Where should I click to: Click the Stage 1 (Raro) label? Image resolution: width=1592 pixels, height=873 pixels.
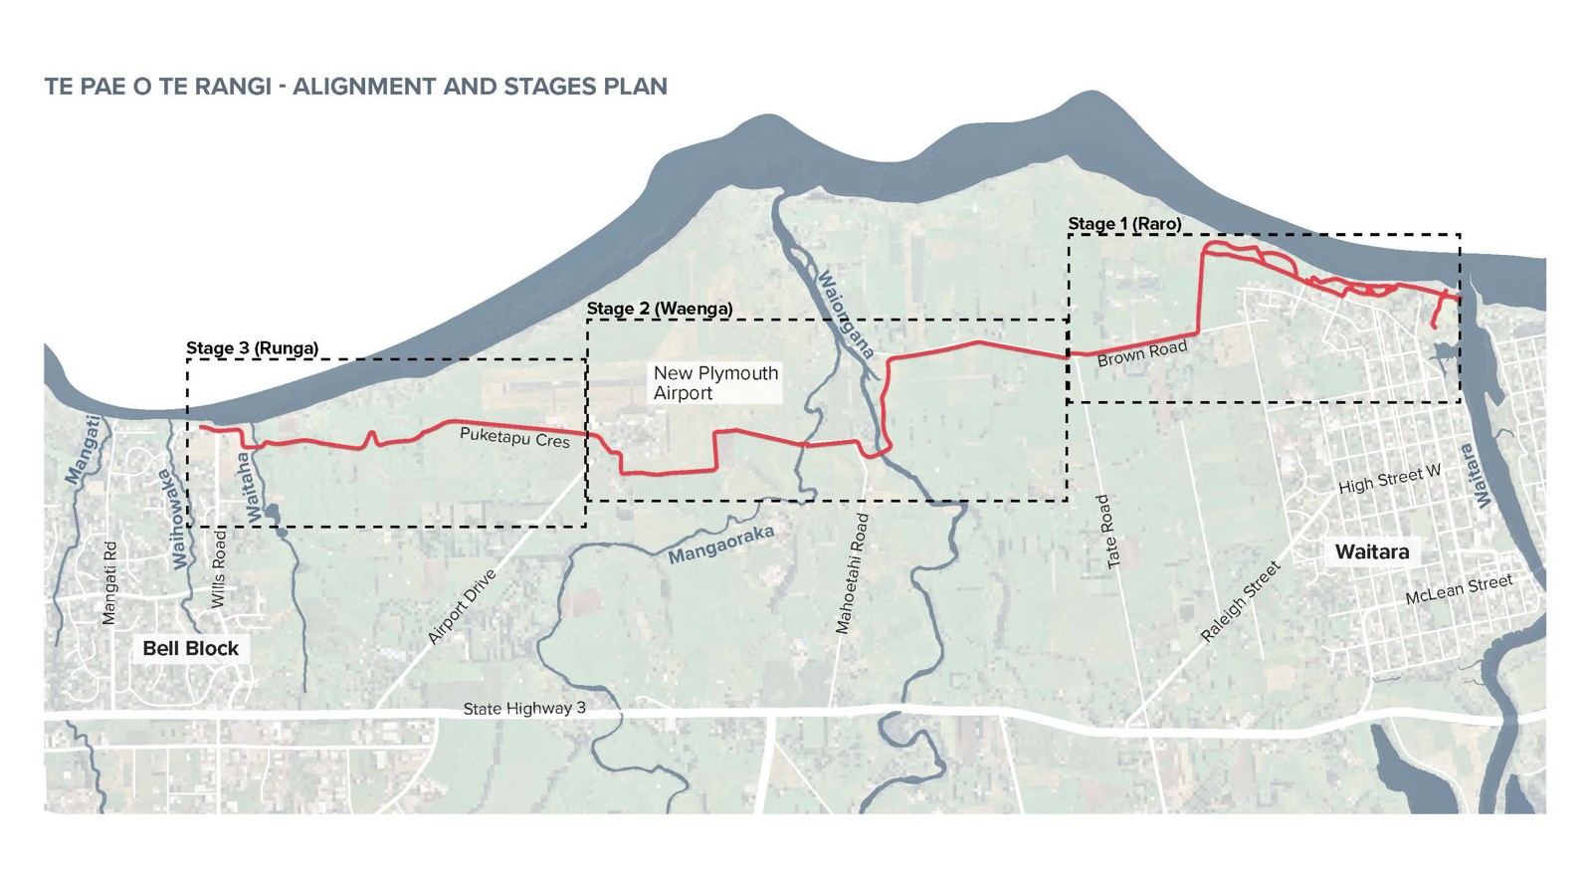point(1124,224)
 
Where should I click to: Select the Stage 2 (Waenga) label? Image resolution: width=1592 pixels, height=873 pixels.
point(659,309)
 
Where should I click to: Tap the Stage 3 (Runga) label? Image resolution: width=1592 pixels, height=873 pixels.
point(252,348)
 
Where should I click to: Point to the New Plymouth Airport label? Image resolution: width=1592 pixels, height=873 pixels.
point(714,383)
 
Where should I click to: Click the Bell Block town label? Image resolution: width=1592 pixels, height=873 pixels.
point(190,649)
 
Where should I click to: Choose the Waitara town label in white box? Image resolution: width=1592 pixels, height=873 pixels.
point(1371,552)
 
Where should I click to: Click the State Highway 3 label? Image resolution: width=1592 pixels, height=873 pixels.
point(523,709)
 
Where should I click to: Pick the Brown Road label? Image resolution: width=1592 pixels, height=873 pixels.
point(1142,353)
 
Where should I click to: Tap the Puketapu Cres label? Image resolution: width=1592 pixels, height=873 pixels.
point(514,438)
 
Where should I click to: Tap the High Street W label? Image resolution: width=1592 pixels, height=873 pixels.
point(1389,480)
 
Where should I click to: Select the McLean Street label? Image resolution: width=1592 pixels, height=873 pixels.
point(1458,589)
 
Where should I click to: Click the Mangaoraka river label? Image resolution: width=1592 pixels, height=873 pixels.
point(720,546)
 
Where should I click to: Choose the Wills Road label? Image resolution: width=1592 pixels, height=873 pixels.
point(219,569)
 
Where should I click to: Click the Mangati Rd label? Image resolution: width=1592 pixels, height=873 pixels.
point(109,583)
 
